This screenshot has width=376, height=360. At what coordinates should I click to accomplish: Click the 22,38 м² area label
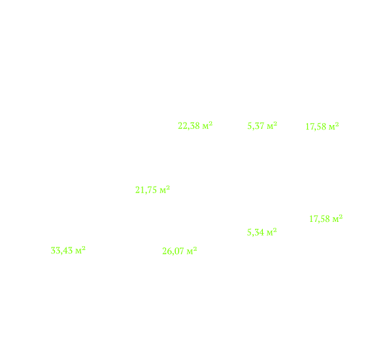196,126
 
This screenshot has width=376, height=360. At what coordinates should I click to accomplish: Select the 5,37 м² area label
262,126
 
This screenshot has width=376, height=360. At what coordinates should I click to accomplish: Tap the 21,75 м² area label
152,190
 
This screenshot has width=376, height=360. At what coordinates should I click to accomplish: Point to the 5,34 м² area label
262,232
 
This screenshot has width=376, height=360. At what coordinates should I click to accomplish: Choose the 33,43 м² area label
68,251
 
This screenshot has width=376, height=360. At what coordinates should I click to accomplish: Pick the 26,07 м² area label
180,251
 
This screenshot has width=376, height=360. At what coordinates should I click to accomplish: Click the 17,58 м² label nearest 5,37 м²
322,126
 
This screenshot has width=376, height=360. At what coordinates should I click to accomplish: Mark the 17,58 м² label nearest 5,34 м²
326,219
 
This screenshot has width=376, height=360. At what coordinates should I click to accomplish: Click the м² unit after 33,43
80,250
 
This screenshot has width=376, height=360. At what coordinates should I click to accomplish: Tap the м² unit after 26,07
192,251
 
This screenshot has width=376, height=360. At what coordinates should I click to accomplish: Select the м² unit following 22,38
207,126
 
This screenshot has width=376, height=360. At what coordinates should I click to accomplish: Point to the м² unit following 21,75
165,190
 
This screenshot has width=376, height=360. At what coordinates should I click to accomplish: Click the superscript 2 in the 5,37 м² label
275,124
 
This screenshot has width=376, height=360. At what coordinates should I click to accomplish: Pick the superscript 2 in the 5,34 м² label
275,230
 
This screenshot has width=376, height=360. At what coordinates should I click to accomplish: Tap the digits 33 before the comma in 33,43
55,251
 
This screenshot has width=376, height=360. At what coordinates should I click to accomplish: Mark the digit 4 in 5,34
262,232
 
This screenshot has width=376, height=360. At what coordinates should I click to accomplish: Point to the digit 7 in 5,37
262,126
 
